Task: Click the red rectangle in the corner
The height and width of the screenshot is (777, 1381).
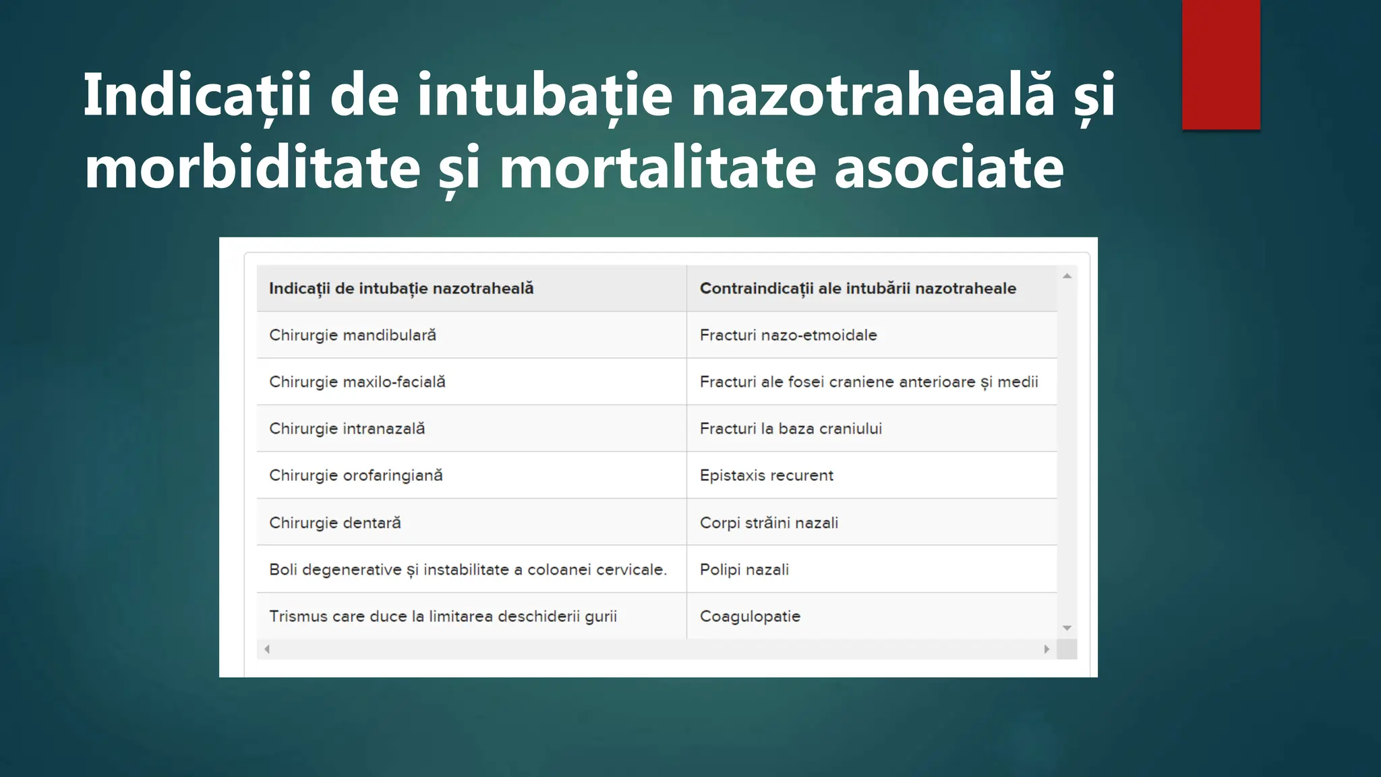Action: pyautogui.click(x=1221, y=64)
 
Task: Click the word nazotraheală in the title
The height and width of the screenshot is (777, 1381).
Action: pyautogui.click(x=873, y=94)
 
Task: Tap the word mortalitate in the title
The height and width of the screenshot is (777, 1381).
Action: pyautogui.click(x=657, y=167)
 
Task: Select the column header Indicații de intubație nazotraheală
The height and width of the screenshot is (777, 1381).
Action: pyautogui.click(x=401, y=289)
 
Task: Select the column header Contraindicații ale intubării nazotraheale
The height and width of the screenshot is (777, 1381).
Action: pyautogui.click(x=858, y=289)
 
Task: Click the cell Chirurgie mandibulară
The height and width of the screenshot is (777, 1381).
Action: pyautogui.click(x=353, y=335)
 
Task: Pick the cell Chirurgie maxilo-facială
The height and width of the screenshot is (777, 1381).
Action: pyautogui.click(x=357, y=382)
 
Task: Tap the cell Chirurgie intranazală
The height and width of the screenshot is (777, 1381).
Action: pyautogui.click(x=347, y=429)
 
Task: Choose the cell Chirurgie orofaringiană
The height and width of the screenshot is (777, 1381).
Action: pyautogui.click(x=356, y=476)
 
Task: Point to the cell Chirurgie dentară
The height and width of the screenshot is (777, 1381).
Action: pyautogui.click(x=335, y=523)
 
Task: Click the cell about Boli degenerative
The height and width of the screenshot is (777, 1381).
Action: pyautogui.click(x=468, y=570)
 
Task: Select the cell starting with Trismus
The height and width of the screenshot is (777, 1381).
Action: pyautogui.click(x=443, y=616)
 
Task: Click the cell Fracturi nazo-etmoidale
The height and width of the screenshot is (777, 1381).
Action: pyautogui.click(x=788, y=335)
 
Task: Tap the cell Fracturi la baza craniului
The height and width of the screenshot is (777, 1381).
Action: pyautogui.click(x=791, y=429)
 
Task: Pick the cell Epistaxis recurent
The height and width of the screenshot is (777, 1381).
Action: pyautogui.click(x=767, y=476)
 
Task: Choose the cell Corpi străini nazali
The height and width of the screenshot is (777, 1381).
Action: pyautogui.click(x=769, y=523)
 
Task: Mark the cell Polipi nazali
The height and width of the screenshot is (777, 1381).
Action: pyautogui.click(x=744, y=570)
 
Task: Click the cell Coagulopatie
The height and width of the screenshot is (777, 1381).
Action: pyautogui.click(x=750, y=616)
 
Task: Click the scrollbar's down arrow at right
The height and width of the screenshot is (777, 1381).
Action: pyautogui.click(x=1067, y=628)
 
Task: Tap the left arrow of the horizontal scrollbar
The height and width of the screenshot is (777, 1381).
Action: pyautogui.click(x=267, y=650)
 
